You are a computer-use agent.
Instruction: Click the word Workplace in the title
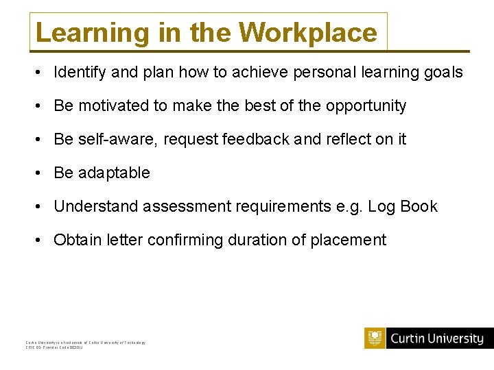pyautogui.click(x=308, y=32)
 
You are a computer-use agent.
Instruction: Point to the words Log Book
pyautogui.click(x=403, y=207)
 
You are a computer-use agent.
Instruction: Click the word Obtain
pyautogui.click(x=76, y=241)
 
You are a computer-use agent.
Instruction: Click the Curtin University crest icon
pyautogui.click(x=375, y=338)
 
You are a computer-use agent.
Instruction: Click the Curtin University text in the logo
pyautogui.click(x=436, y=338)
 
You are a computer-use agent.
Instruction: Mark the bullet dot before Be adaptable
pyautogui.click(x=43, y=173)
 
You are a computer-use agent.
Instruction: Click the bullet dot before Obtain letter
pyautogui.click(x=43, y=241)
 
